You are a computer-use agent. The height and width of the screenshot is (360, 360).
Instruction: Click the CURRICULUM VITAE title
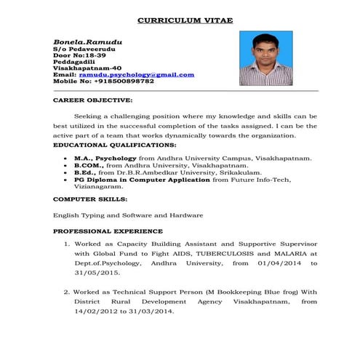pyautogui.click(x=185, y=20)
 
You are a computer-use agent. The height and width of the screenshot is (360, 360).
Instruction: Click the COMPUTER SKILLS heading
pyautogui.click(x=90, y=199)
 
